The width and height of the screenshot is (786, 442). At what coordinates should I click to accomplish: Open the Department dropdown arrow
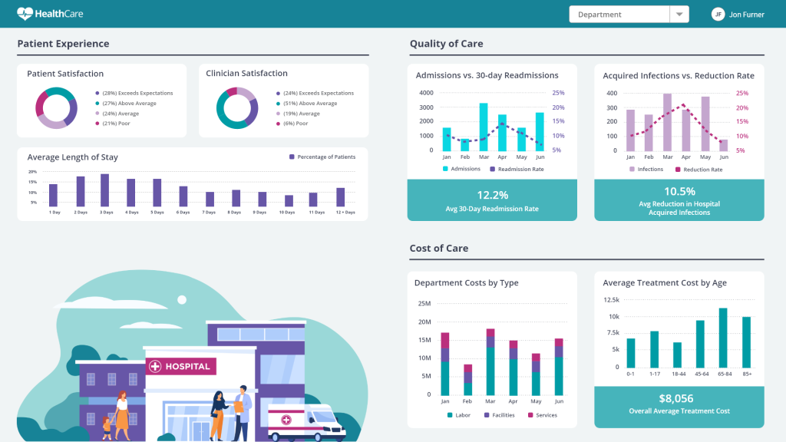coord(679,15)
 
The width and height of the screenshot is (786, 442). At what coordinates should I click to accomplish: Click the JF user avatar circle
coord(718,15)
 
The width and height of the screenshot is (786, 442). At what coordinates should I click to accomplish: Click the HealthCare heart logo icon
coord(25,14)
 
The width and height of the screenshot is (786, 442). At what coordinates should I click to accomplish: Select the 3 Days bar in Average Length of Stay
coord(104,190)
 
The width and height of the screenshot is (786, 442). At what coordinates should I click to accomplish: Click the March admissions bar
coord(484,127)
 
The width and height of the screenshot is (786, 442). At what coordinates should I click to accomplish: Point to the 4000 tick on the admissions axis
coord(426,93)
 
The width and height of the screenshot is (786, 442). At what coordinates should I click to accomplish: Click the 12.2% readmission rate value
coord(492,195)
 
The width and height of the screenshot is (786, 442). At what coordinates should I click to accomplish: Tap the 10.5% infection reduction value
coord(679,191)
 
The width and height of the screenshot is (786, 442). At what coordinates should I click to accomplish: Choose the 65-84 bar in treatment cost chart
coord(722,338)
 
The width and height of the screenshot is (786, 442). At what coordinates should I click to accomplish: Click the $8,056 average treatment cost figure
coord(676,398)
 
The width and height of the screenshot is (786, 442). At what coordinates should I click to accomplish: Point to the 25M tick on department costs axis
coord(424,303)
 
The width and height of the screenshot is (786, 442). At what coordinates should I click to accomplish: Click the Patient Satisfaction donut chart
coord(56,108)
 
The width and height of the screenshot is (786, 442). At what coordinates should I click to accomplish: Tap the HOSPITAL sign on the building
coord(182,366)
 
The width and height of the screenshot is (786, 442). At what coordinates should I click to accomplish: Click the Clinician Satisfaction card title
coord(246,74)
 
